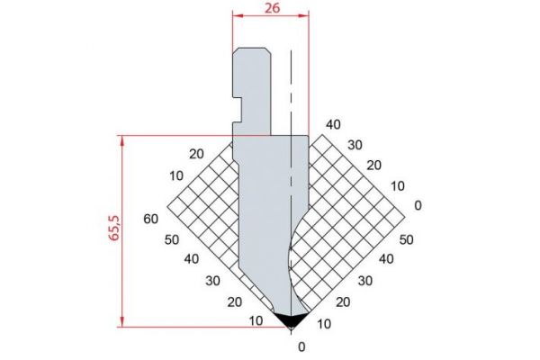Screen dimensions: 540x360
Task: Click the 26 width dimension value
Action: click(x=272, y=8)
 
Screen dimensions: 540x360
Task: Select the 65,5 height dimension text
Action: click(x=114, y=228)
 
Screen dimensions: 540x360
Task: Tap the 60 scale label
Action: click(x=151, y=219)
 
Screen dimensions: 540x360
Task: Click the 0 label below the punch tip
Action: click(x=301, y=346)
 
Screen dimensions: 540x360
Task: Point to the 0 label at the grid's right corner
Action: click(x=418, y=205)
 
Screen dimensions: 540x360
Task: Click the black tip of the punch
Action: click(x=291, y=320)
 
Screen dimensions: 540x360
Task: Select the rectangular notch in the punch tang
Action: click(x=238, y=110)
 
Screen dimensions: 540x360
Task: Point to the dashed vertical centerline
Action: click(x=291, y=191)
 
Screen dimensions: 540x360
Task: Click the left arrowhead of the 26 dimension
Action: click(x=238, y=15)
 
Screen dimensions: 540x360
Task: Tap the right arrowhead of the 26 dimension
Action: click(x=303, y=15)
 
